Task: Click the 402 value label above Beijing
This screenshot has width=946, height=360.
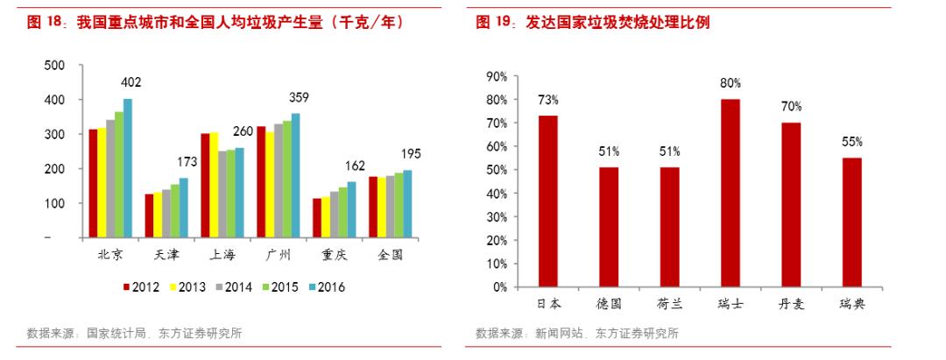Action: coord(131,82)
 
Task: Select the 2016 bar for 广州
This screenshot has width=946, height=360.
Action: coord(295,175)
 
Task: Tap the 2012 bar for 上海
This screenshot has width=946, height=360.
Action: coord(205,185)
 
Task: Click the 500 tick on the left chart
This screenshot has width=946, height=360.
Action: coord(54,66)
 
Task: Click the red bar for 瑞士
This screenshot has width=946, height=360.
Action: coord(730,193)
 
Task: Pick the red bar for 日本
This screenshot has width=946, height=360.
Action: coord(548,201)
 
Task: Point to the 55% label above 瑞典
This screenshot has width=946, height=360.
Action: coord(852,141)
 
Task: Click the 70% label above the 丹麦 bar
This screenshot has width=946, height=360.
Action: coord(791,106)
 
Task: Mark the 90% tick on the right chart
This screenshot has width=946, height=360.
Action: coord(497,77)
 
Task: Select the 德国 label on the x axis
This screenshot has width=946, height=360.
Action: coord(609,304)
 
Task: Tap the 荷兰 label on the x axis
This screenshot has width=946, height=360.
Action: coord(669,304)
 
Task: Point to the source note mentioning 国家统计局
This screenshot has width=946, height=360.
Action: coord(134,333)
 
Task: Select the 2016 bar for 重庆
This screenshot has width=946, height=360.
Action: coord(351,209)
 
